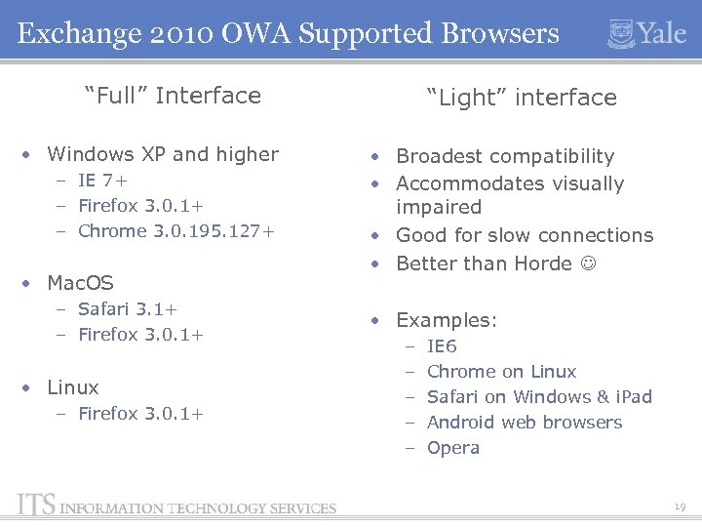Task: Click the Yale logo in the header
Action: coord(646,32)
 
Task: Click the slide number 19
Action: coord(679,506)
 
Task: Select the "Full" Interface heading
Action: coord(173,96)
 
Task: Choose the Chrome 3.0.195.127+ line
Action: coord(175,231)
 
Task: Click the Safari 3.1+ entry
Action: coord(127,309)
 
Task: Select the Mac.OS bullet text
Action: coord(80,283)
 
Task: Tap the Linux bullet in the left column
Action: coord(74,386)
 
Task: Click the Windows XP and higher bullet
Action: coord(162,154)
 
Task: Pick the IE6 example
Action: coord(442,346)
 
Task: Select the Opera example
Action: coord(453,448)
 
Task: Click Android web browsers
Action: coord(525,423)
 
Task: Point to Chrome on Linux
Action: coord(501,372)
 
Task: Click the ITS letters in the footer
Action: coord(36,506)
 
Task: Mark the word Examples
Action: coord(445,320)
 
